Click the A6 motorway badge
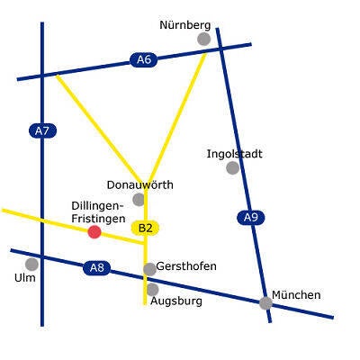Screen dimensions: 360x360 [144, 59]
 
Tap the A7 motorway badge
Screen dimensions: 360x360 [42, 131]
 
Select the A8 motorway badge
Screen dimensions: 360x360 [96, 267]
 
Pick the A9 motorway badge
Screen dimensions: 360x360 [251, 218]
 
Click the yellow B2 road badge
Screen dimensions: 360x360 [145, 229]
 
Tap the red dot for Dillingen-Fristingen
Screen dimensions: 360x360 [94, 232]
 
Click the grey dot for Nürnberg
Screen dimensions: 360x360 [204, 39]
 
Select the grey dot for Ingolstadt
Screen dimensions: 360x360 [233, 167]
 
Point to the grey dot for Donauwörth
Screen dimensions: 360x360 [139, 200]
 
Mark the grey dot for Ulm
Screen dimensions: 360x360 [31, 264]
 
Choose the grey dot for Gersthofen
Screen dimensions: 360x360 [149, 269]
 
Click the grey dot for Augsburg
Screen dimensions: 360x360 [152, 290]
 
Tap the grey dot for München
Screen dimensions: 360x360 [265, 303]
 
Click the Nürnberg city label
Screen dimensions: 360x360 [185, 25]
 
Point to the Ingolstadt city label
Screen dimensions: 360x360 [235, 154]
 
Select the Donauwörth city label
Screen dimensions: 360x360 [140, 184]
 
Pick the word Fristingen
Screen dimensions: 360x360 [98, 219]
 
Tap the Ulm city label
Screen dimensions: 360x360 [25, 278]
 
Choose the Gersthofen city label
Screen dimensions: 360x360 [186, 266]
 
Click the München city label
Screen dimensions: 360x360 [296, 295]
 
